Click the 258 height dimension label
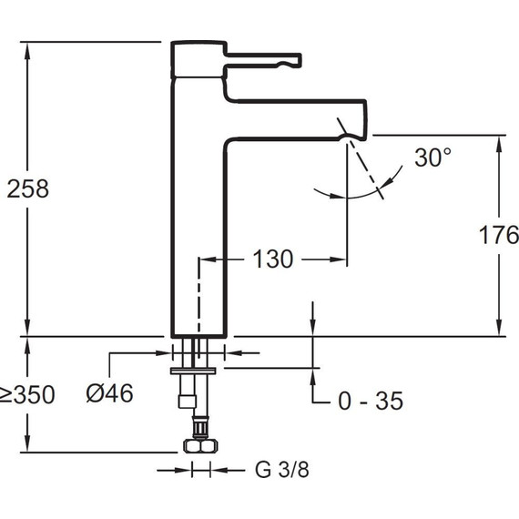[28, 188]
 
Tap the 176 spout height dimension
[499, 235]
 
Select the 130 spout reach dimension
[273, 259]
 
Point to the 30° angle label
[432, 157]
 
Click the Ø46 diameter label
[109, 393]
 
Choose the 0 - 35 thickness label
[371, 401]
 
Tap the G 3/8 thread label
[282, 469]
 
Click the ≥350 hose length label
[27, 394]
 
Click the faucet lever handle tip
[297, 60]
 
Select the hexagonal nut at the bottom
[200, 445]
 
